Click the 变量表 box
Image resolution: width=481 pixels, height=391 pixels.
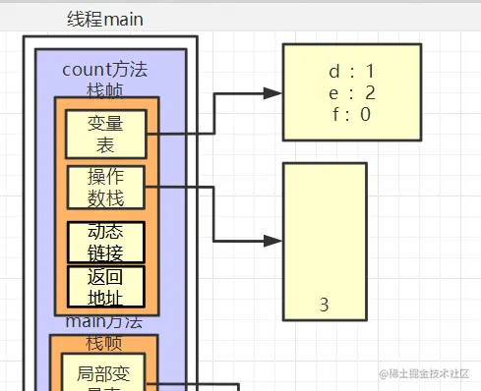(x=106, y=135)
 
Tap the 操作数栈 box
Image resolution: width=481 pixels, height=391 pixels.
(x=106, y=187)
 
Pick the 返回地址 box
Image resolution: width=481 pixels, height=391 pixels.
(x=105, y=285)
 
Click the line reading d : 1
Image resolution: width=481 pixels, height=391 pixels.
(x=350, y=71)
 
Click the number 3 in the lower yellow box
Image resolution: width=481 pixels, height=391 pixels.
(x=324, y=305)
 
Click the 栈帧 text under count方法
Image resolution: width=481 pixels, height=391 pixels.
(x=105, y=89)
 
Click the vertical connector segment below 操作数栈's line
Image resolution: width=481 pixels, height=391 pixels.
(x=213, y=214)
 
